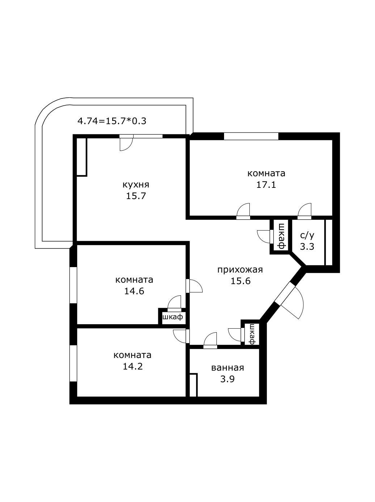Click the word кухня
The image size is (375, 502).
(136, 185)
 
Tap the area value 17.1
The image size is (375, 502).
(266, 185)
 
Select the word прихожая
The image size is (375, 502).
(240, 270)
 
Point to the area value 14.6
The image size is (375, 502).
(134, 291)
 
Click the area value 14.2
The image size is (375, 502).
(133, 366)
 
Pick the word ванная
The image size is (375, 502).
(228, 368)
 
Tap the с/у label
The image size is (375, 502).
(307, 235)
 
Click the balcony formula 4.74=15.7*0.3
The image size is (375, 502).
(112, 121)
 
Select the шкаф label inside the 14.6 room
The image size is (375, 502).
(173, 317)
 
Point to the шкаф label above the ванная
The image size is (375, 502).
(252, 334)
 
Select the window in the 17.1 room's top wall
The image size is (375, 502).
(251, 136)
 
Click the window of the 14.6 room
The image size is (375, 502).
(73, 285)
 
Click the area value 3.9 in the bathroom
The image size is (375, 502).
(228, 379)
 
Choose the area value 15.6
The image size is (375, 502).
(240, 281)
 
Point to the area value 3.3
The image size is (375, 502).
(307, 246)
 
